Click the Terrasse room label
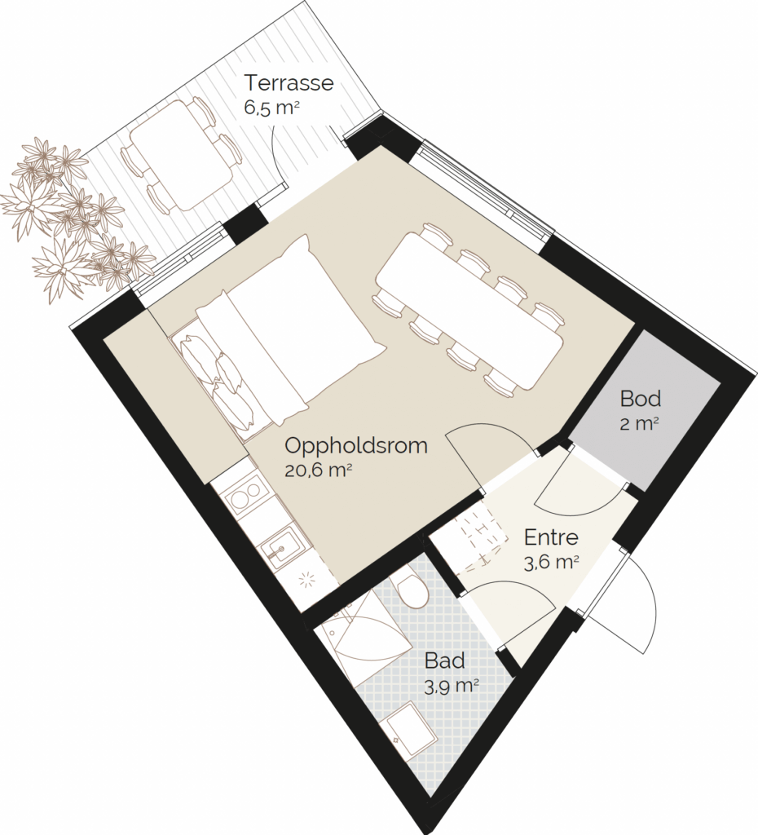[289, 82]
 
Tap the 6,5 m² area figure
[271, 108]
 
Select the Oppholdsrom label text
[356, 446]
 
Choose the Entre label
[551, 537]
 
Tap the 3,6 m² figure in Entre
[552, 563]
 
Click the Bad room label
[445, 660]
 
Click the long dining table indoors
[469, 311]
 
